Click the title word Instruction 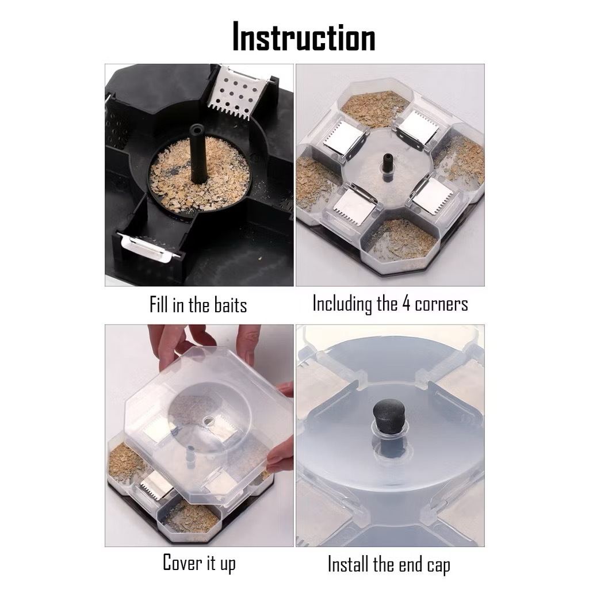click(304, 36)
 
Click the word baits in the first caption click(230, 305)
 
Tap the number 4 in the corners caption click(406, 304)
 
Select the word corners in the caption click(441, 305)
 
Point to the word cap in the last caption click(439, 566)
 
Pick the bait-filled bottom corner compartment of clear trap click(400, 240)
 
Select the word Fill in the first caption click(159, 304)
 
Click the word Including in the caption click(342, 304)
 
